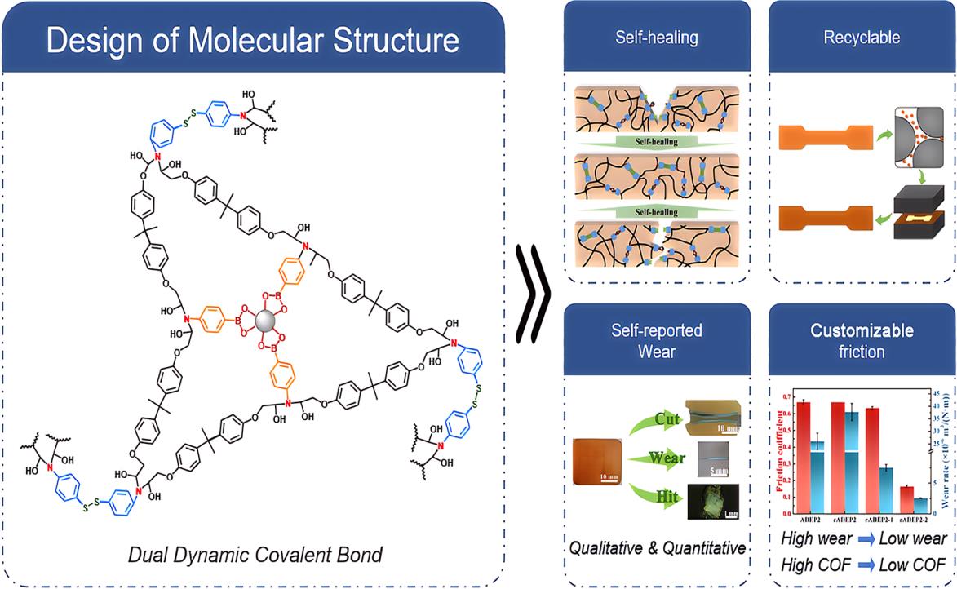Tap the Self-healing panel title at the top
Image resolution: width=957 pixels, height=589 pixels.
(x=657, y=38)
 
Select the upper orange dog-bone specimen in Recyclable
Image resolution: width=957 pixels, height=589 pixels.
(x=825, y=138)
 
